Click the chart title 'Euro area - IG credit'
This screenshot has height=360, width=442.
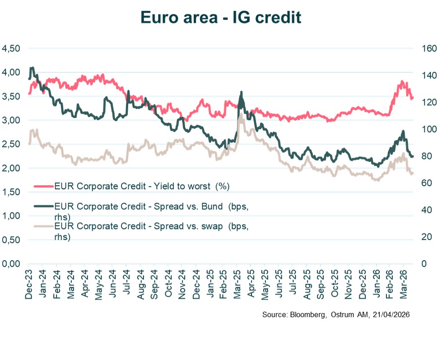pos(220,17)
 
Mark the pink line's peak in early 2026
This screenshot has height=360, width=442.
pos(401,82)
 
